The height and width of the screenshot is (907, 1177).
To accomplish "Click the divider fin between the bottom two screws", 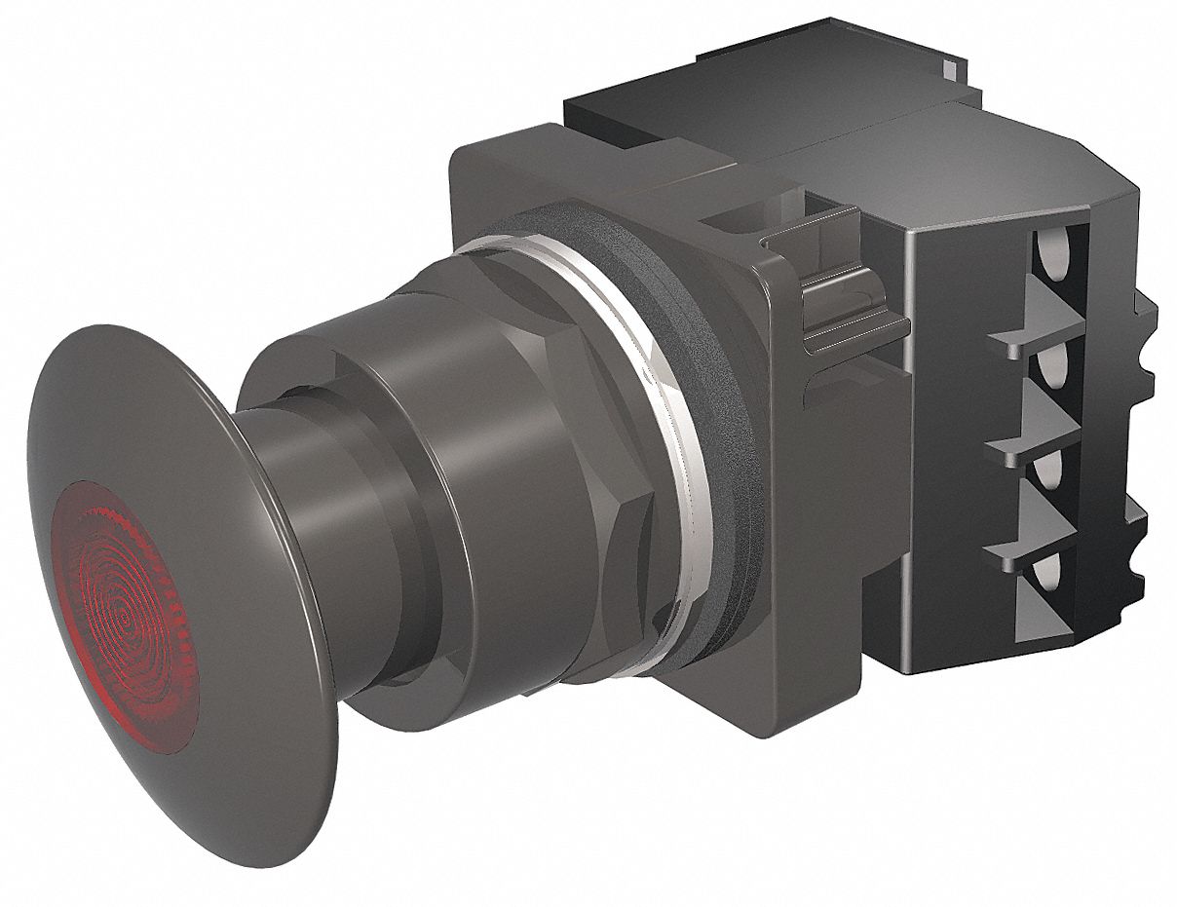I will pos(1023,546).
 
